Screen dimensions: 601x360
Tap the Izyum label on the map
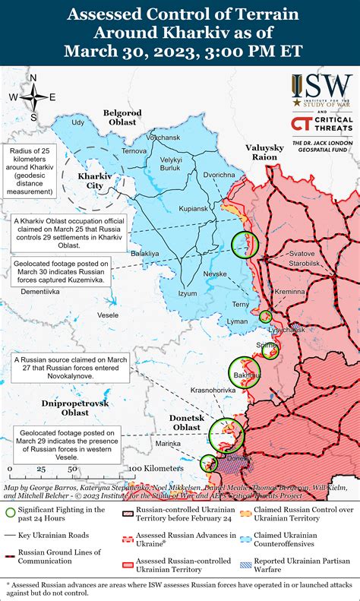(x=187, y=293)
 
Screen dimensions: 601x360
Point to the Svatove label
(x=302, y=253)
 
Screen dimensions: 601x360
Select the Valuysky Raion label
(x=264, y=151)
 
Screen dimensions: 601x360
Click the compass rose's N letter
(x=33, y=77)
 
